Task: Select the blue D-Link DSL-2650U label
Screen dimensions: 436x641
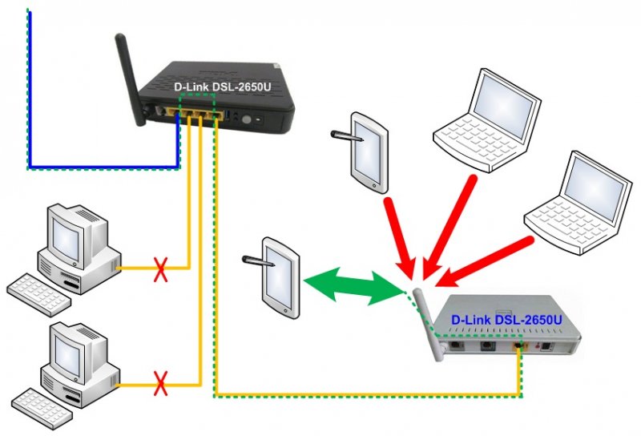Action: (506, 319)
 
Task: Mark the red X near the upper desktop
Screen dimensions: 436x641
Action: (160, 269)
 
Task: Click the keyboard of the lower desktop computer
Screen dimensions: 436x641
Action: (40, 404)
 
